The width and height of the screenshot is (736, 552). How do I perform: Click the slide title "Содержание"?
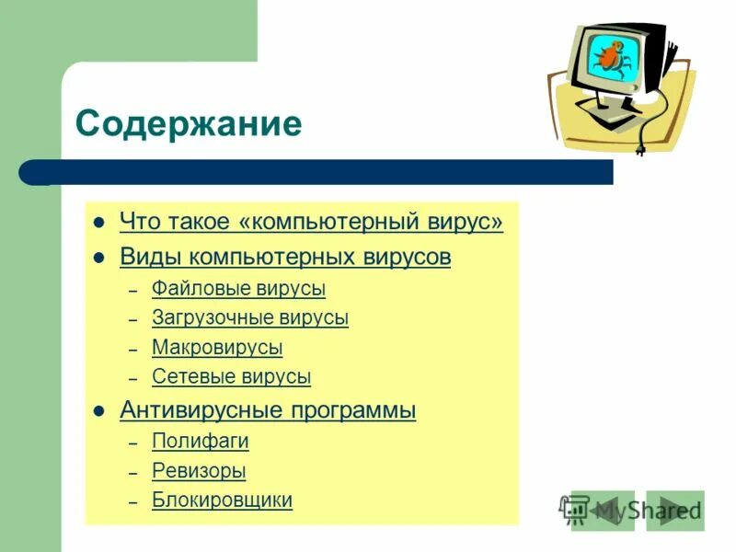click(x=189, y=123)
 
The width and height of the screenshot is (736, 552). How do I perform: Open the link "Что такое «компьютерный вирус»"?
click(x=311, y=223)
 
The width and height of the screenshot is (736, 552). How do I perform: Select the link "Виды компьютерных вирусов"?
click(x=285, y=257)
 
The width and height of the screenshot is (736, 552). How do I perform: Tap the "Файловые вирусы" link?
click(x=238, y=289)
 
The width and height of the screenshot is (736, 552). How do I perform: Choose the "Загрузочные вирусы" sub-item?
click(x=249, y=318)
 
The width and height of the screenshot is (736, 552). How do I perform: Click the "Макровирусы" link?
click(x=217, y=348)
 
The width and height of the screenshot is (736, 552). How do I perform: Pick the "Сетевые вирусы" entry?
click(x=231, y=376)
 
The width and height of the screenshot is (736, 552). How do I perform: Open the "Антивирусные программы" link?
click(x=268, y=410)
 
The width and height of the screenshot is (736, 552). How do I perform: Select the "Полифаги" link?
click(x=200, y=441)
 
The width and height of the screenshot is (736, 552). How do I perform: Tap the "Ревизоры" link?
click(x=199, y=471)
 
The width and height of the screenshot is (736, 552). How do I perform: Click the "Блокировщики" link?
click(x=222, y=500)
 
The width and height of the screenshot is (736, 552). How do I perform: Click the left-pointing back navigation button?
click(x=603, y=511)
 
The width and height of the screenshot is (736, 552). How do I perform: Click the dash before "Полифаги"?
click(x=132, y=443)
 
